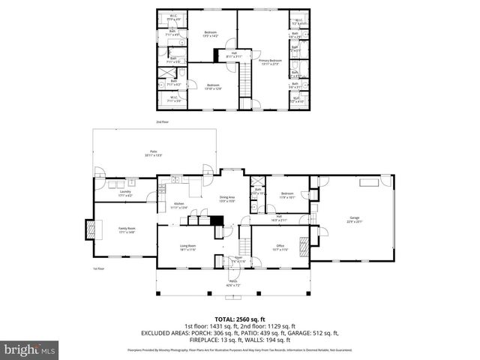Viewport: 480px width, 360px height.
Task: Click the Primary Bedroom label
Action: tap(271, 61)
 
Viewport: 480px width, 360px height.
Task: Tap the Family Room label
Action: tap(127, 231)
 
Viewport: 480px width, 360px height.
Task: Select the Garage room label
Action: tap(354, 220)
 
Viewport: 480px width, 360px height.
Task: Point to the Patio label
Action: tap(153, 154)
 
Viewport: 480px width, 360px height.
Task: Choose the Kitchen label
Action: tap(179, 205)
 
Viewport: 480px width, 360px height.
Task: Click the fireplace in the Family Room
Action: tap(91, 229)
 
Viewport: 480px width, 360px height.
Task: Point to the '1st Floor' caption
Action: tap(97, 268)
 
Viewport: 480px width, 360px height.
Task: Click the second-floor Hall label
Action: tap(235, 55)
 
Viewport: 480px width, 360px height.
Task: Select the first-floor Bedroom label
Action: tap(286, 196)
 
